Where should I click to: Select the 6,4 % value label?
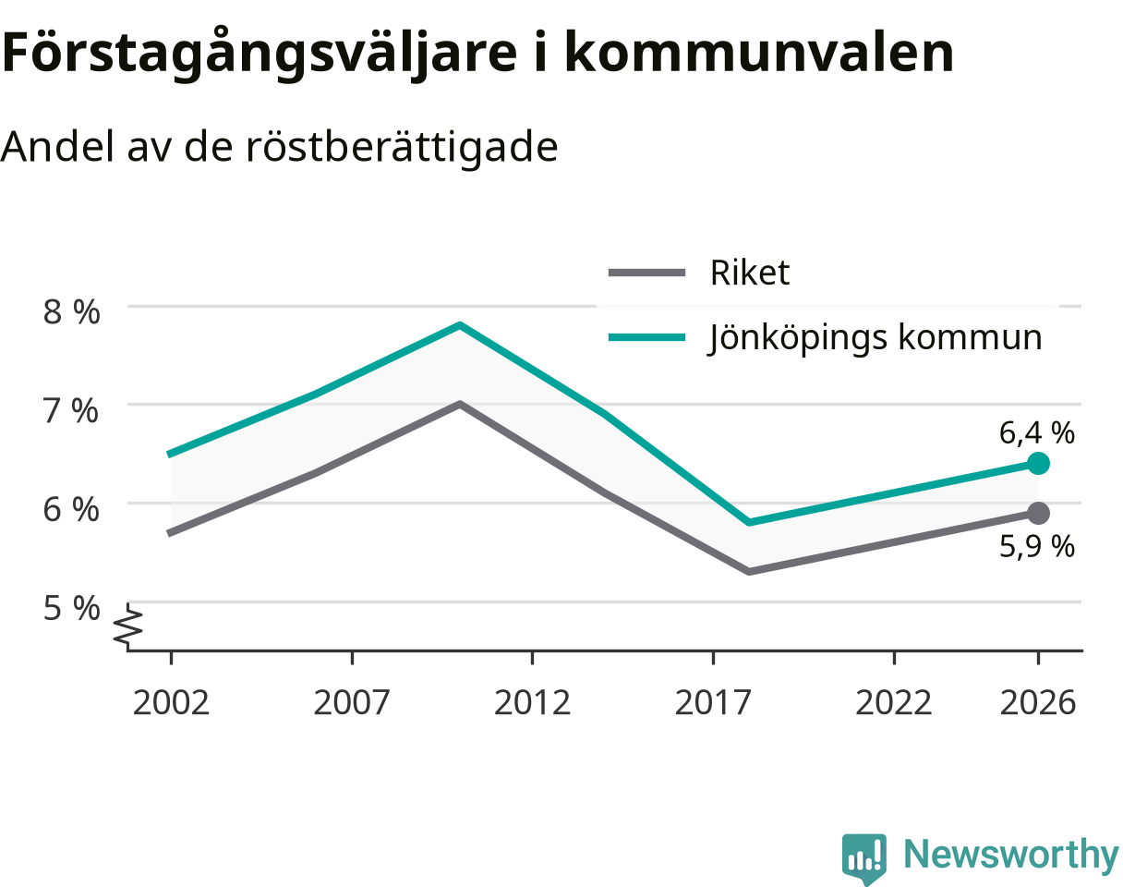(x=1036, y=432)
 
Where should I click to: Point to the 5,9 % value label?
(x=1036, y=547)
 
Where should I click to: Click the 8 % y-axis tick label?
(x=71, y=312)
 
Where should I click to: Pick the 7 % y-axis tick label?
(x=71, y=410)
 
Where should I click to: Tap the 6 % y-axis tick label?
(x=71, y=509)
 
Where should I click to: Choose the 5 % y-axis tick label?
(x=71, y=608)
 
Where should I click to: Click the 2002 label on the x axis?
(x=171, y=702)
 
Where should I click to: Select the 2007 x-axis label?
(x=352, y=702)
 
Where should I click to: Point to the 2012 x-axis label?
(x=532, y=702)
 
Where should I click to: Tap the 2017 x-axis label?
(x=713, y=702)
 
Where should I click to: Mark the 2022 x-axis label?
(x=894, y=702)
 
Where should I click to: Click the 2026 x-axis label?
(x=1038, y=702)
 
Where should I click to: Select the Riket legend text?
(x=750, y=272)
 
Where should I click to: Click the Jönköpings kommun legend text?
(x=875, y=338)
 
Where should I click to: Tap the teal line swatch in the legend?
(x=646, y=337)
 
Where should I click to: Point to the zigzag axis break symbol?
(x=128, y=626)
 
